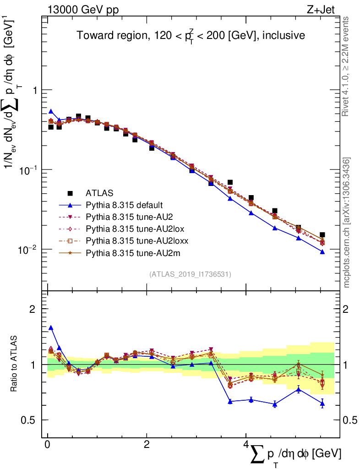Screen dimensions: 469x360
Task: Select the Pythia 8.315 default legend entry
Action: pos(124,205)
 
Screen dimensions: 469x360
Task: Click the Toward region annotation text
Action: pos(191,36)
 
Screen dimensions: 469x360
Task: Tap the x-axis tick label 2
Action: pos(147,445)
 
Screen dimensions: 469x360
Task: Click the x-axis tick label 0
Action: pos(47,445)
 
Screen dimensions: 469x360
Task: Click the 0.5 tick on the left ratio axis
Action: pos(30,420)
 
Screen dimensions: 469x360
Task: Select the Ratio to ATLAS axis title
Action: pos(15,364)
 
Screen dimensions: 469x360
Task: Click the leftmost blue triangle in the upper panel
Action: pos(51,111)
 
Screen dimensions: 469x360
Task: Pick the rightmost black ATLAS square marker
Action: pos(322,235)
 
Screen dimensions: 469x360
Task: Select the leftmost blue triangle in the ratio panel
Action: pos(51,328)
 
